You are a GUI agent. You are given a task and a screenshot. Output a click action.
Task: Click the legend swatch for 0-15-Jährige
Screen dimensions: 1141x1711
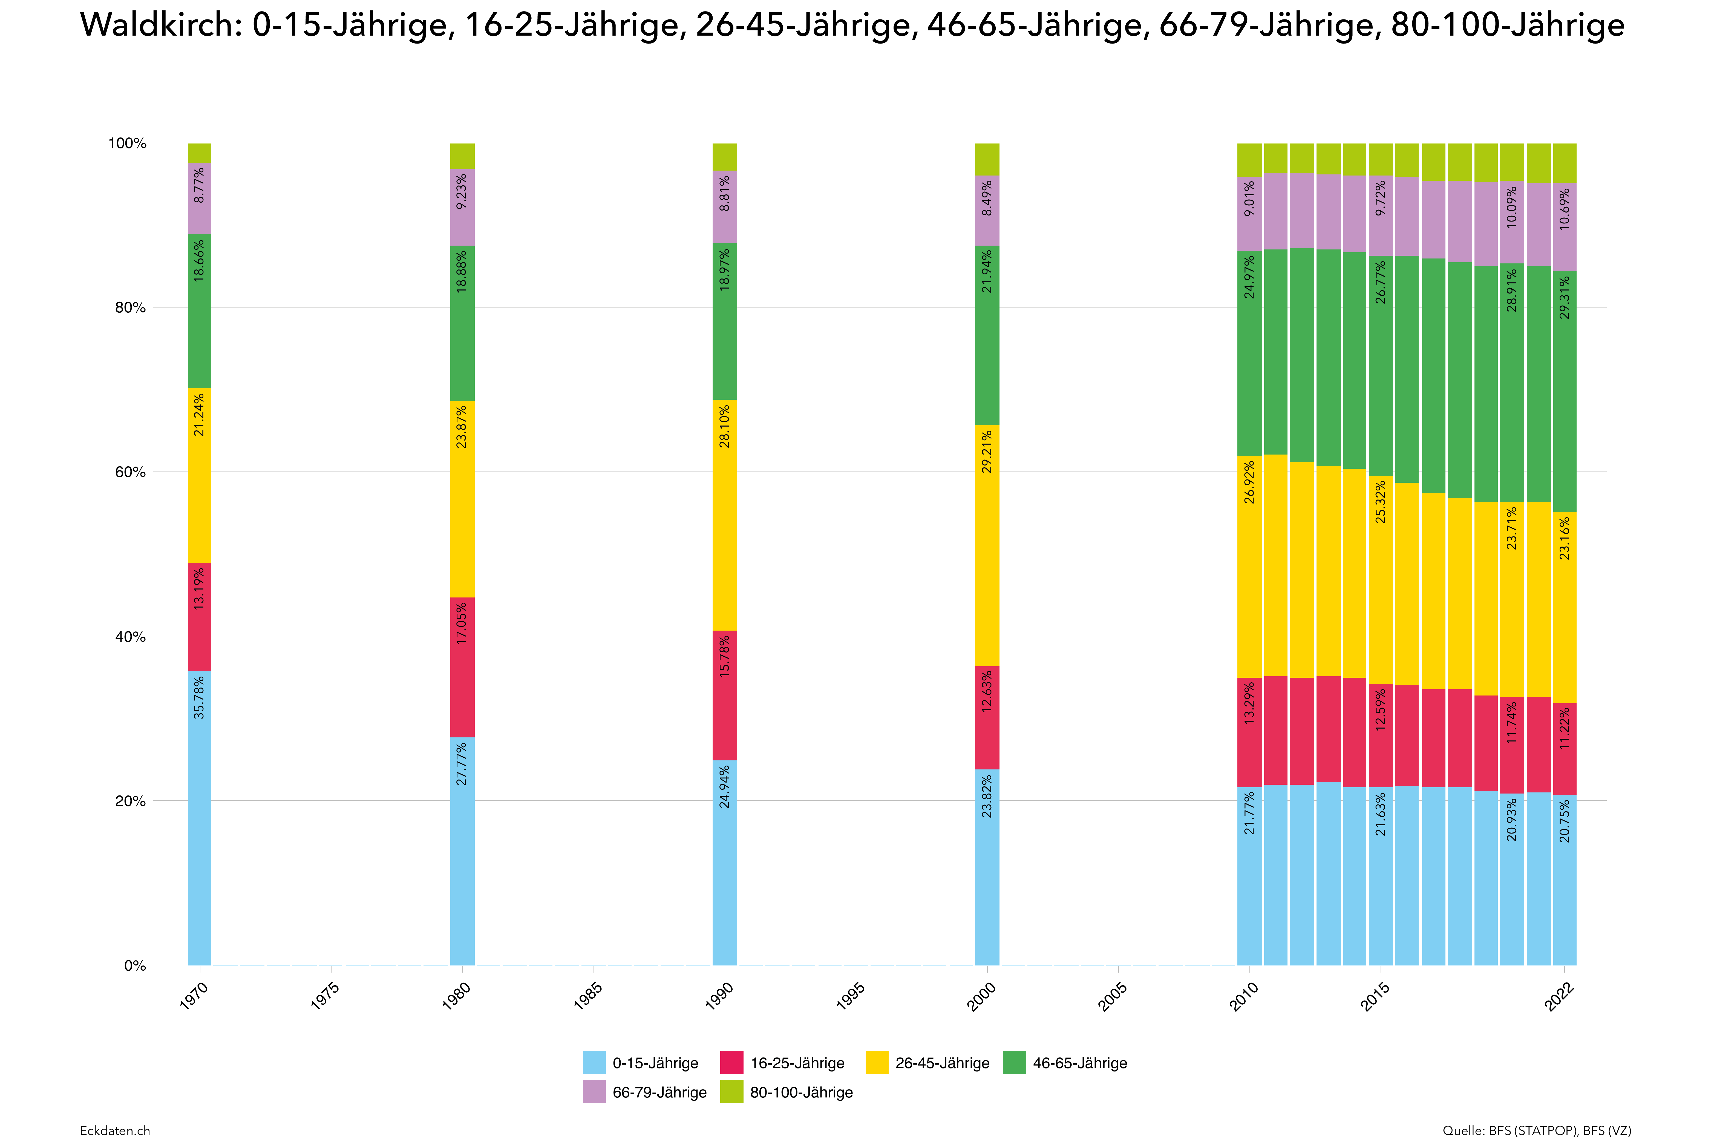click(594, 1062)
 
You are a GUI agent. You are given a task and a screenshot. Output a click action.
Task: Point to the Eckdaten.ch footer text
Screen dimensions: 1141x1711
click(115, 1130)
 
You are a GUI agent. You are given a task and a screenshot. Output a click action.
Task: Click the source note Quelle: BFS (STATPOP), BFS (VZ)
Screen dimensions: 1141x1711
click(1536, 1130)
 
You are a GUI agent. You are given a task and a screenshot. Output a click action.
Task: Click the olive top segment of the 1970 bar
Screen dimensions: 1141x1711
click(199, 153)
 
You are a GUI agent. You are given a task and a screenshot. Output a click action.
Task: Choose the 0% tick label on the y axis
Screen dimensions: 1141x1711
click(135, 966)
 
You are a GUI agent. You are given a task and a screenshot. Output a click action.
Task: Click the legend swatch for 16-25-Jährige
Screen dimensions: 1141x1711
click(731, 1062)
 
